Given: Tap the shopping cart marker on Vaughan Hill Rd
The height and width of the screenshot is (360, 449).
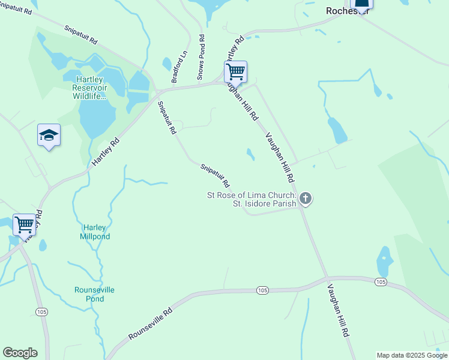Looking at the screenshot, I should click(236, 72).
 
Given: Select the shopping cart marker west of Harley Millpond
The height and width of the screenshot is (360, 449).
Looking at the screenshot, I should click(25, 225).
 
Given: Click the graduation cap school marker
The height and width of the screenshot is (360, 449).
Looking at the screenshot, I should click(49, 136).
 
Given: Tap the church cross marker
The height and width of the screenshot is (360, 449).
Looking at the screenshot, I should click(306, 198).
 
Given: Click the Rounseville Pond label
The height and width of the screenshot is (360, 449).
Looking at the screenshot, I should click(94, 294).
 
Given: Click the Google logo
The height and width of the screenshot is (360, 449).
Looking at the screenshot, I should click(20, 353).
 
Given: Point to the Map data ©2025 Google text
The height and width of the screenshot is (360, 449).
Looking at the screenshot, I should click(412, 355).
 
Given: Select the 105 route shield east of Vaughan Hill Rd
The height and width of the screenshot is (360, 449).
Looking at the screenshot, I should click(380, 281).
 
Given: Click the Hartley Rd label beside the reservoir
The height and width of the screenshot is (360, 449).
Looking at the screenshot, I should click(106, 152).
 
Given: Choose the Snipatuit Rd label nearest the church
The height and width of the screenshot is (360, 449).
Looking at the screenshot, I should click(214, 175).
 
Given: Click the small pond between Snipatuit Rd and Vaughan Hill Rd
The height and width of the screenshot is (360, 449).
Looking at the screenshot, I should click(250, 154).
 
